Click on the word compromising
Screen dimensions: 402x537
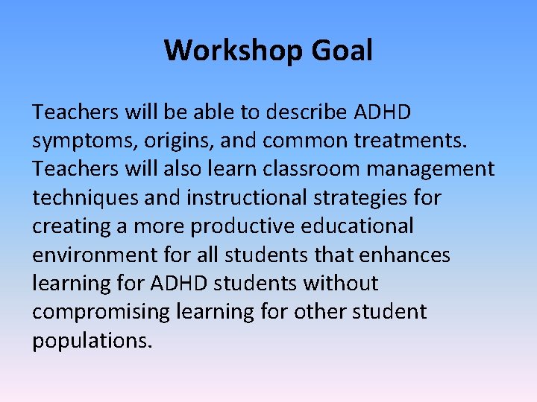tap(99, 311)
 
